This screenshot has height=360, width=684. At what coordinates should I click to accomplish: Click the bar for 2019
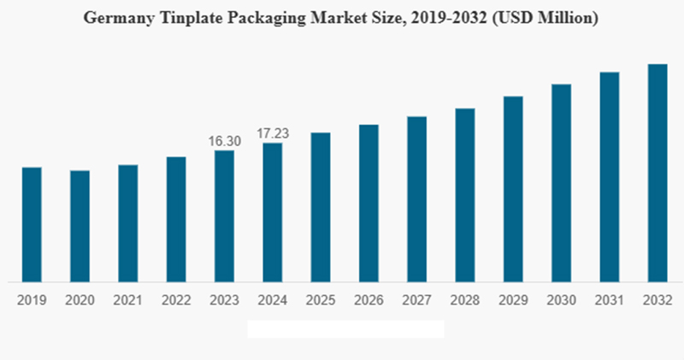[x=31, y=224]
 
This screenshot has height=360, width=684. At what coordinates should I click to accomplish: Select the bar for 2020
[x=80, y=226]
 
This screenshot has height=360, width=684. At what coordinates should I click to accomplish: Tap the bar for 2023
[x=224, y=215]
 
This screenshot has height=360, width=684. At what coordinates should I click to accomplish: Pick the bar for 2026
[x=369, y=203]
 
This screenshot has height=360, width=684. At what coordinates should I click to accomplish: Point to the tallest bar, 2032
[x=657, y=173]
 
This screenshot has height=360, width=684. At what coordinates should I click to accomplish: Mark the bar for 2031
[x=609, y=176]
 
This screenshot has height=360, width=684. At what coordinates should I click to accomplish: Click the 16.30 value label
[x=225, y=141]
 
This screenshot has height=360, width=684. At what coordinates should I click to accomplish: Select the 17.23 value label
[x=273, y=133]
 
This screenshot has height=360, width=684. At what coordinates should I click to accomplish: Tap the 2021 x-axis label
[x=127, y=300]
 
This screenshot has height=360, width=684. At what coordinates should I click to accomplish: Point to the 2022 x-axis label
[x=176, y=300]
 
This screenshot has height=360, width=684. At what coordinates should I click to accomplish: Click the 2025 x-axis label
[x=321, y=300]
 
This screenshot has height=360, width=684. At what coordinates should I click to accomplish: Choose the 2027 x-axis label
[x=416, y=300]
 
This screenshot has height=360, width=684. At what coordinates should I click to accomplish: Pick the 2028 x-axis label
[x=464, y=300]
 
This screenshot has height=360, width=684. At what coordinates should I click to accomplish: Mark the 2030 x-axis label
[x=561, y=300]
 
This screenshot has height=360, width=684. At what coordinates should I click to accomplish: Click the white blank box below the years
[x=345, y=329]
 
